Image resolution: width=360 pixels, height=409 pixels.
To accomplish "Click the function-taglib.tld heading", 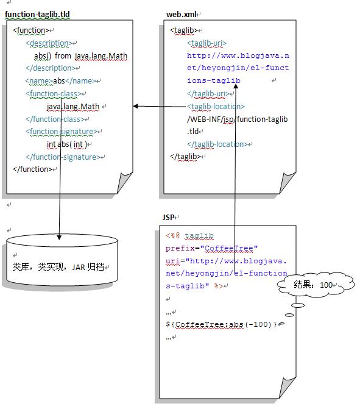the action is point(37,15).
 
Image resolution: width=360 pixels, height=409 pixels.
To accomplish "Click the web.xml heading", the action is point(181,15).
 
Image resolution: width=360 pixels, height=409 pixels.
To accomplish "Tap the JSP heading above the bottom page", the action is point(168,217).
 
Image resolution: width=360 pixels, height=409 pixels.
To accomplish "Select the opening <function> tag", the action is point(30,30).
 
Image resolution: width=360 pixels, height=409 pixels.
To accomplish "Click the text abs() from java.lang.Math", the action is point(80,56).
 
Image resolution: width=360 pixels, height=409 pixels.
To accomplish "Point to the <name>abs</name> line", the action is point(61,81).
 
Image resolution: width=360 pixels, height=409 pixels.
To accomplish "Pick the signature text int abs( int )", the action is point(67,144).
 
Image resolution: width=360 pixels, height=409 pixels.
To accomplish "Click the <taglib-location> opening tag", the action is point(216,107).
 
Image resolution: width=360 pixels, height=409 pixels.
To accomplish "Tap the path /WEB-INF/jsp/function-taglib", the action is point(237,119).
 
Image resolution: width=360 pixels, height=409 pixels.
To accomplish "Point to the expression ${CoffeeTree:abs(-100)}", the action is point(221,324).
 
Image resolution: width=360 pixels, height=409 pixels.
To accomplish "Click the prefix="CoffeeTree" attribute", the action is point(211,248).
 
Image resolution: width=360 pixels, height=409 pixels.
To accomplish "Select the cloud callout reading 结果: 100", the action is point(316,284).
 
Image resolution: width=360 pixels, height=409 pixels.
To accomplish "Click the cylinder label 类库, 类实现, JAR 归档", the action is point(58,267).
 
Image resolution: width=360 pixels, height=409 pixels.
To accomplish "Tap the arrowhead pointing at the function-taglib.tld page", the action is point(136,106).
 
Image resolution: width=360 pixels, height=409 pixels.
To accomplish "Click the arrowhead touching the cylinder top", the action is point(59,237).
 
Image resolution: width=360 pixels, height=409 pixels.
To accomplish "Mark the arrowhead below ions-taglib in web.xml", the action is point(235,86).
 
